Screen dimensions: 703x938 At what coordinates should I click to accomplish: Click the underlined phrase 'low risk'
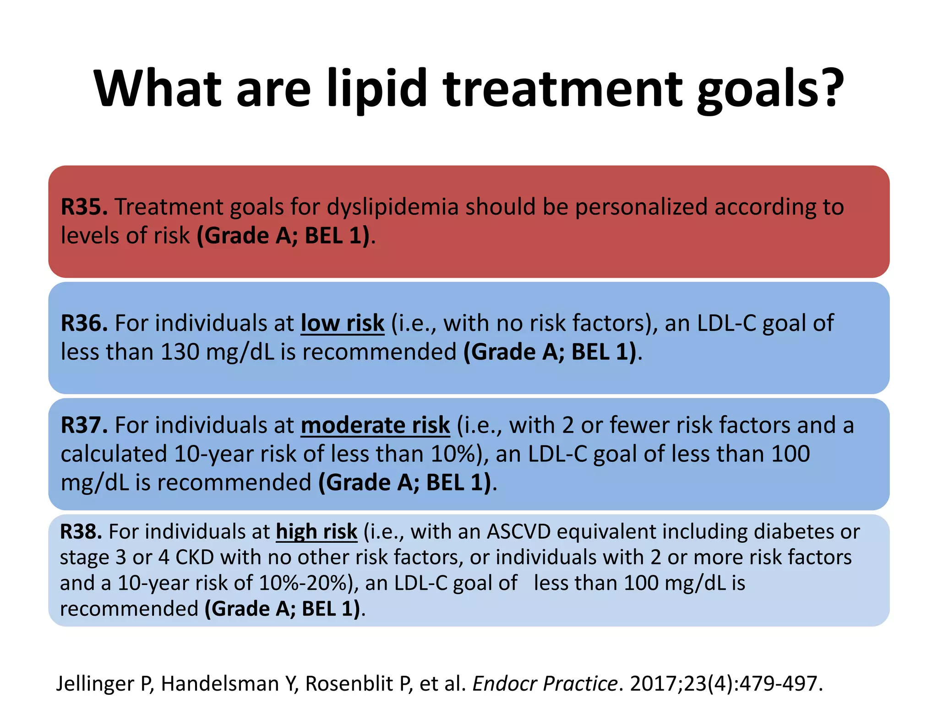[342, 323]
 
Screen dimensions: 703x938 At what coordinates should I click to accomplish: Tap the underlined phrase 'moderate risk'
[375, 425]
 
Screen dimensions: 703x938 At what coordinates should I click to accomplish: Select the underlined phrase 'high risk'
[316, 532]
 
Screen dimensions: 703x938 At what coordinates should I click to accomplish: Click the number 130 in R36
[180, 352]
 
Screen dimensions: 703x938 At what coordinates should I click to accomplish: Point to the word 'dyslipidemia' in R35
[393, 207]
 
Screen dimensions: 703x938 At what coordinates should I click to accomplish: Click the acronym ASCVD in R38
[518, 532]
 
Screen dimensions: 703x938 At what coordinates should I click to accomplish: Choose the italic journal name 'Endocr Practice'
[545, 684]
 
